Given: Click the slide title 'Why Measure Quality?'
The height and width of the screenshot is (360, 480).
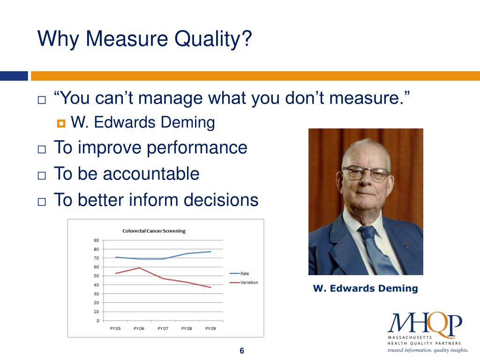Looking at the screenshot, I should pos(145,38).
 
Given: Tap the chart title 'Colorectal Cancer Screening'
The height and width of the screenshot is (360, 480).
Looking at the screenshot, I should pos(154,231).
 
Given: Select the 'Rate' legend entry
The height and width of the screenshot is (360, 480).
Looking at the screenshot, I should pos(244,273).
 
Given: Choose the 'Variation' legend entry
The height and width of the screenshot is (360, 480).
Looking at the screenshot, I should pos(249,282).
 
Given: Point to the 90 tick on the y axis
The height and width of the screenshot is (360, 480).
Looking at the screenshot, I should pos(96,240).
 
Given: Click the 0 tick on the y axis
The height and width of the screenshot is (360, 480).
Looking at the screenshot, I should pos(97,321).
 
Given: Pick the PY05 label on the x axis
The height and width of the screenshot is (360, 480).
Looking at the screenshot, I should pos(115,329).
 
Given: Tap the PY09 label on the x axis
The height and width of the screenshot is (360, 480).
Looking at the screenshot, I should pos(210,329).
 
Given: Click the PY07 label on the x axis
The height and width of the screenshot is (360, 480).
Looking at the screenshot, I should pos(163,329).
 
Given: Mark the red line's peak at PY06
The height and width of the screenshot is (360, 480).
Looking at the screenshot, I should pos(139,268).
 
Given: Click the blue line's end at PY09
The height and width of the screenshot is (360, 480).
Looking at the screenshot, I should pos(210,252).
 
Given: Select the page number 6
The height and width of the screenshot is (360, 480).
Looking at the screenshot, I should pos(242,351).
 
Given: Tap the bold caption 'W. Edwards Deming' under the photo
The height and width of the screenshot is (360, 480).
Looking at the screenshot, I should pos(365,288).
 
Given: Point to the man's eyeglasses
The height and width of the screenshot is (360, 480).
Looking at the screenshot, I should pos(366,173).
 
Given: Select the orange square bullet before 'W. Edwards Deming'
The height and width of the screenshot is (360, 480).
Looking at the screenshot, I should pos(61,124).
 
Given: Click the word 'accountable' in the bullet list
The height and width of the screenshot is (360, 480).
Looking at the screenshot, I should pos(151,174).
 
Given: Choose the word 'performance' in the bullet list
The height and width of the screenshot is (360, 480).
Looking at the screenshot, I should pos(196,148).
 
